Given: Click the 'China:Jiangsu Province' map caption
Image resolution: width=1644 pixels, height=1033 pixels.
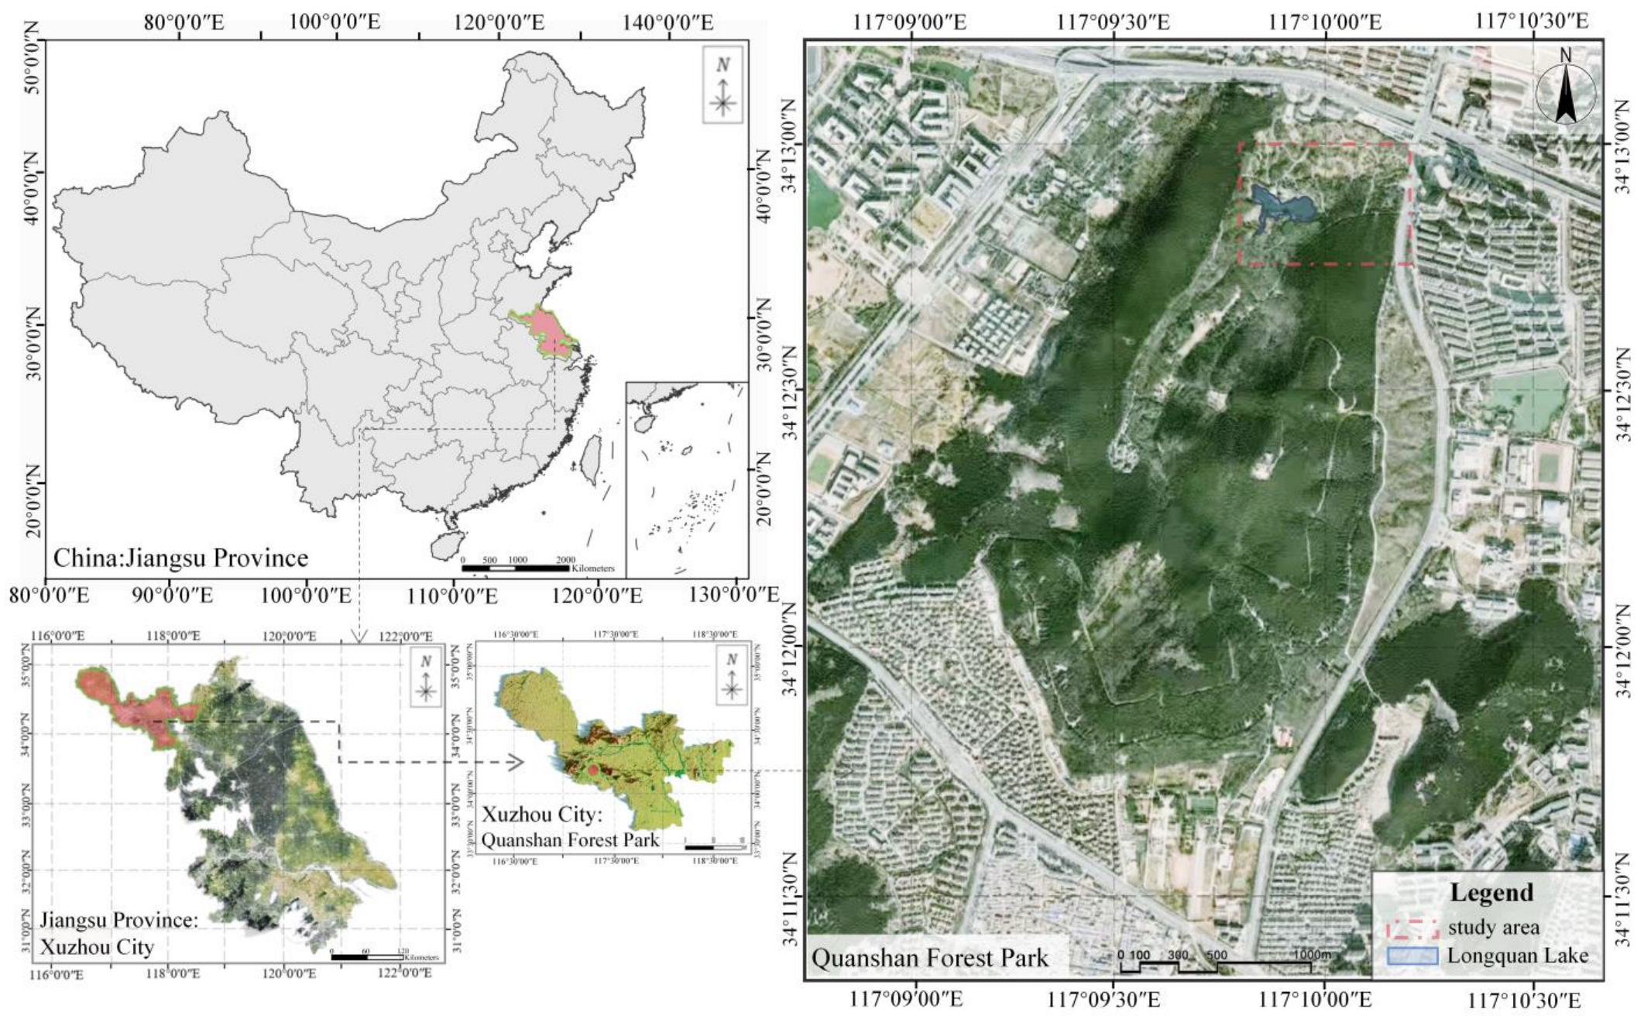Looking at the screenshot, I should click(180, 558).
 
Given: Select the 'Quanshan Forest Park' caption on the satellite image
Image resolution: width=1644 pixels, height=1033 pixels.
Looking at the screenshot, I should click(929, 958).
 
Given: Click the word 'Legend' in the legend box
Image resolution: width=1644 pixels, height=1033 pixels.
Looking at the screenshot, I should click(1491, 892).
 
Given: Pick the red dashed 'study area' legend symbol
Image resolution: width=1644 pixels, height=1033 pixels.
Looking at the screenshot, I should click(1412, 928).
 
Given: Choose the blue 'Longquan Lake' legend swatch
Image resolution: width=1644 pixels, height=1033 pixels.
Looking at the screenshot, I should click(1412, 956).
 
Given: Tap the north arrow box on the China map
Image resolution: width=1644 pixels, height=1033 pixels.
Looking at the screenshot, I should click(722, 84).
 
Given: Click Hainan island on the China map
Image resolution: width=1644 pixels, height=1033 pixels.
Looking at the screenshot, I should click(448, 544).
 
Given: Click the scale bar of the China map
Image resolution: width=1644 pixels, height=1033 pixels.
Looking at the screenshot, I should click(516, 568).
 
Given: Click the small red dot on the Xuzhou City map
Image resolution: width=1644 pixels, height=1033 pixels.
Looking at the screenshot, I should click(592, 770).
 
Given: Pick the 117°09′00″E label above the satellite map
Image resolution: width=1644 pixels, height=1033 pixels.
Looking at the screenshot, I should click(911, 21).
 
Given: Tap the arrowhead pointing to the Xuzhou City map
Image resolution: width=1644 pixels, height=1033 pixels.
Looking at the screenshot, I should click(516, 762).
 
